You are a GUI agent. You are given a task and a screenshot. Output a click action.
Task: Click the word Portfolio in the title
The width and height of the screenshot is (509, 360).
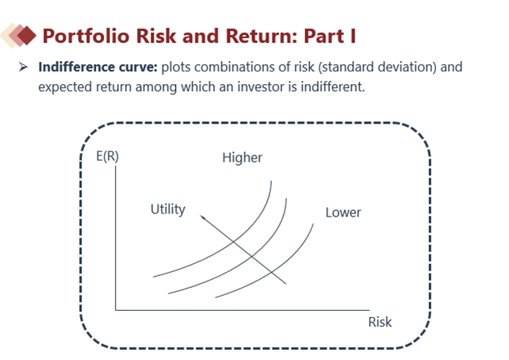(86, 36)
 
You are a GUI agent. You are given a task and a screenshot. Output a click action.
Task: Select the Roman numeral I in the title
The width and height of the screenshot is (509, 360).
(353, 36)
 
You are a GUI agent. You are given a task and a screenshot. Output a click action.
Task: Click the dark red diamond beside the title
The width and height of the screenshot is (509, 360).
(27, 36)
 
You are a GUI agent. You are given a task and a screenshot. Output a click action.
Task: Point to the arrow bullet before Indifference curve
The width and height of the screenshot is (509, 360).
(23, 67)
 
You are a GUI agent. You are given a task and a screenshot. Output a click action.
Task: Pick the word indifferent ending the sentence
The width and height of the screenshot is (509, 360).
(333, 87)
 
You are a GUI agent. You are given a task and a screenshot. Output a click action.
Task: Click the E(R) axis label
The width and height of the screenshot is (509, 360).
(108, 156)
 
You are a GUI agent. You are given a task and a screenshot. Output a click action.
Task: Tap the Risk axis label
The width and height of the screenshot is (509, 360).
(380, 323)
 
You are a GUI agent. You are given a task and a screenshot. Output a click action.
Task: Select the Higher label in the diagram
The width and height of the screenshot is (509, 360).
(242, 158)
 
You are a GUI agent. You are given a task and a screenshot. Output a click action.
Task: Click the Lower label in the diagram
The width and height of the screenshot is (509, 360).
(343, 213)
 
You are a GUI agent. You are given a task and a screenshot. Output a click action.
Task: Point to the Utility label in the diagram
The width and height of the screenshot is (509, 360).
(168, 209)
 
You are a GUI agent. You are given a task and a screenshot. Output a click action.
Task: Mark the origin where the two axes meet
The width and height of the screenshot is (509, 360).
(116, 310)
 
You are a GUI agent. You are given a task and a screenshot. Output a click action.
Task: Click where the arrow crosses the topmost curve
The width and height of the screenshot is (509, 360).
(233, 242)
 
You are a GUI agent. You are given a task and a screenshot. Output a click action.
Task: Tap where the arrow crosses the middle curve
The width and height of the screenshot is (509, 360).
(251, 257)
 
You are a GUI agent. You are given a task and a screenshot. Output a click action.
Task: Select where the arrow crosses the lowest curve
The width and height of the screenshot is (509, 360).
(271, 273)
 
